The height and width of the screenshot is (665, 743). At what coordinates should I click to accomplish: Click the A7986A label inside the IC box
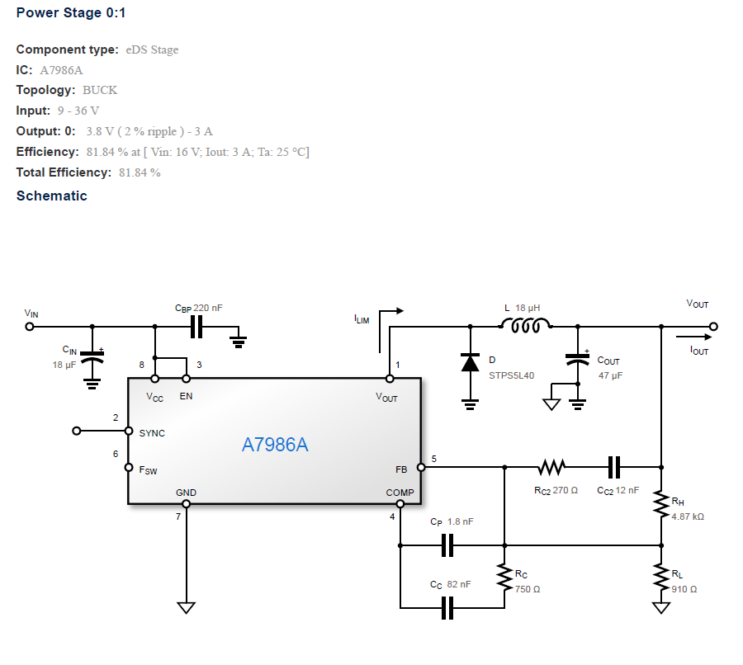[274, 445]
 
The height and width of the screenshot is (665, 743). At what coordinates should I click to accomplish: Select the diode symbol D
[470, 362]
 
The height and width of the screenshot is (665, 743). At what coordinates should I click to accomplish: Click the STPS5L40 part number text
[511, 375]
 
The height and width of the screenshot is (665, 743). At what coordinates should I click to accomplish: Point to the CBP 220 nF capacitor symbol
[196, 327]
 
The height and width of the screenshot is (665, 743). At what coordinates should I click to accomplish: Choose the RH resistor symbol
[660, 503]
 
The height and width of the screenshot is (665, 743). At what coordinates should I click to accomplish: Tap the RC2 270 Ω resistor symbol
[551, 468]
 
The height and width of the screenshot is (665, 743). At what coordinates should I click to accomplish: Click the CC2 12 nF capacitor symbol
[613, 468]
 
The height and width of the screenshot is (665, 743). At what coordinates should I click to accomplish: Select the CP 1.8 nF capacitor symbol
[447, 545]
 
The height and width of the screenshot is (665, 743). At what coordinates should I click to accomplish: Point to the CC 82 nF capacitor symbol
[447, 608]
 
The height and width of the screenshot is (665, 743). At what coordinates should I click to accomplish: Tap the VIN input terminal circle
[30, 326]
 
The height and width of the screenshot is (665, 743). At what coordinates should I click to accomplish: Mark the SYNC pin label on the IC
[152, 432]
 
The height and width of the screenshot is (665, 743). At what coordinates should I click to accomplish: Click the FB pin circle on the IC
[421, 468]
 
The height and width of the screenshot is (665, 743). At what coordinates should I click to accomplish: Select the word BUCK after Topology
[100, 90]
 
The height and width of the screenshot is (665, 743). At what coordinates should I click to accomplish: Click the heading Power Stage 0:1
[71, 13]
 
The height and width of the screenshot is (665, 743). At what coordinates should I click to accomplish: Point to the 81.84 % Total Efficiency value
[140, 172]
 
